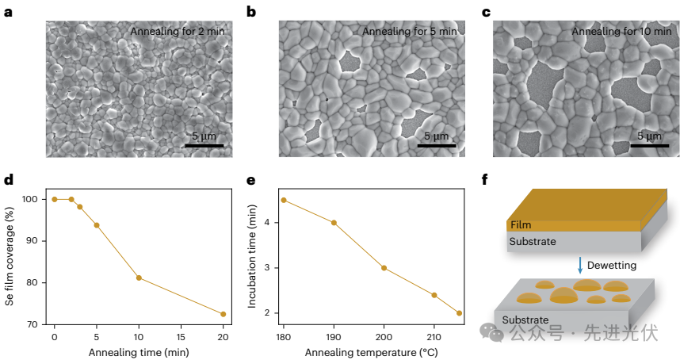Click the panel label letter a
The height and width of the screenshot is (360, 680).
pos(9,12)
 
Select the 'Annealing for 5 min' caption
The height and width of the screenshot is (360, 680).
pos(410,32)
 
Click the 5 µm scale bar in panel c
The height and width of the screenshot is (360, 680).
pos(649,145)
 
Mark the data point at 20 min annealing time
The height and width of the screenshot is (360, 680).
pos(223,314)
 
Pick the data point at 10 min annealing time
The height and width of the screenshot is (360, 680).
pos(139,278)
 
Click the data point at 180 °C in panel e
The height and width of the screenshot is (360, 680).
pos(284,200)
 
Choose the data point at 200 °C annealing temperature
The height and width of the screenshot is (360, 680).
pos(384,268)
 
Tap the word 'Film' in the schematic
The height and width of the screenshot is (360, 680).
pos(521,225)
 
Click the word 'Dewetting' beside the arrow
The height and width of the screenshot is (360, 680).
pos(613,265)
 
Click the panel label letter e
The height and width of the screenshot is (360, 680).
pos(251,180)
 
